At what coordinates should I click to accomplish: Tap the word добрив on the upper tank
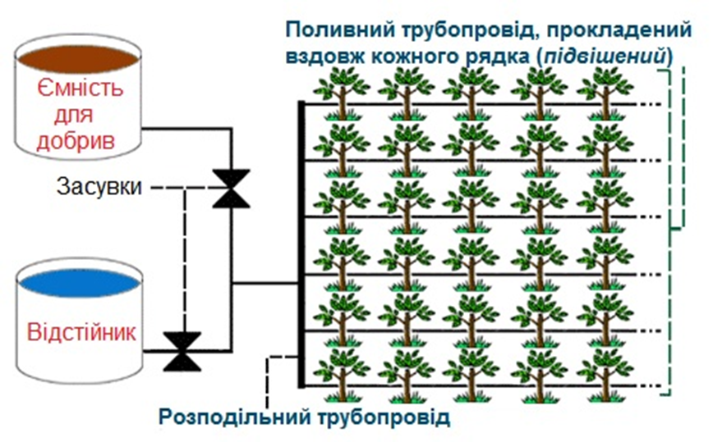[76, 141]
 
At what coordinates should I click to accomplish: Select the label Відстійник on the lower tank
[81, 332]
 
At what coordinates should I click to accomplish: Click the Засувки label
[99, 186]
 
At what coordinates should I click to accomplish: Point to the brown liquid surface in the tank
[78, 59]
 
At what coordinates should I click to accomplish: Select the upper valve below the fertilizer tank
[231, 189]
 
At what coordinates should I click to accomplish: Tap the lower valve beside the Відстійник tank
[182, 351]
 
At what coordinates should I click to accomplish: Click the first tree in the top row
[342, 93]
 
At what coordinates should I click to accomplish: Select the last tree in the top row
[605, 93]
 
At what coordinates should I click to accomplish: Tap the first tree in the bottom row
[342, 376]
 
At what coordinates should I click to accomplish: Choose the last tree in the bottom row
[605, 376]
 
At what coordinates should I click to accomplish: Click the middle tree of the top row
[471, 93]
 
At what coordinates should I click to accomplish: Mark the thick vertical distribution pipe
[301, 244]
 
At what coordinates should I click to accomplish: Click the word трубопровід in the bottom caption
[384, 417]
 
